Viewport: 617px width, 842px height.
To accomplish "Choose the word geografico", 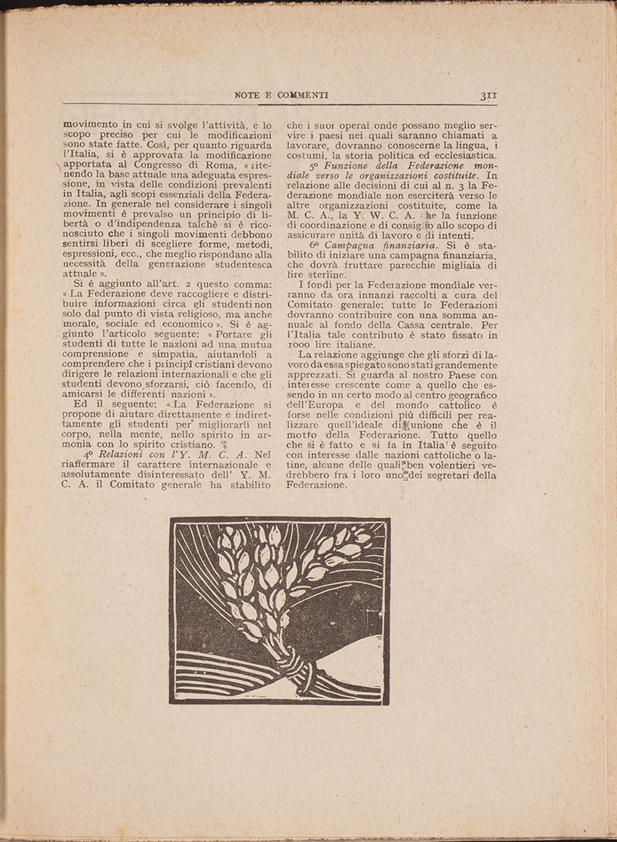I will coord(470,395).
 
